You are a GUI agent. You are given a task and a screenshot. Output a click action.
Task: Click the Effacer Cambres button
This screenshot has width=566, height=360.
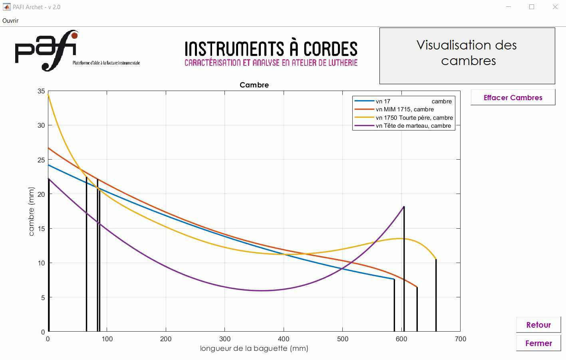(513, 97)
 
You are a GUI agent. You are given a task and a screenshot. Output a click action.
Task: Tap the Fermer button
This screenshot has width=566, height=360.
(538, 343)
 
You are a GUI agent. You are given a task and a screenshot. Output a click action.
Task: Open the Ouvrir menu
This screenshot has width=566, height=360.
(10, 20)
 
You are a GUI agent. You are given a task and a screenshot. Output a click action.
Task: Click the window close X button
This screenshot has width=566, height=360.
(555, 7)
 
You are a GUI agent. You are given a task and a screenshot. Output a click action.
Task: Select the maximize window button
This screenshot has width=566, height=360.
(532, 7)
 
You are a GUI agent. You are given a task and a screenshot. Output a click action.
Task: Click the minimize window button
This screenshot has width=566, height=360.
(508, 7)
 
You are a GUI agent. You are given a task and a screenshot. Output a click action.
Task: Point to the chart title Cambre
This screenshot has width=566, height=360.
(254, 85)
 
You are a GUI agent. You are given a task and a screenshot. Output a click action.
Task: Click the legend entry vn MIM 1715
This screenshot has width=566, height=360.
(404, 109)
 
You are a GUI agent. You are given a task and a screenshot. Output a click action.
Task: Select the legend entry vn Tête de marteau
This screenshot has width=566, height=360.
(413, 126)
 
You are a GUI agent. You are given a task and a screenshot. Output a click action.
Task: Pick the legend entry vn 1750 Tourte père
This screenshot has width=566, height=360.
(414, 118)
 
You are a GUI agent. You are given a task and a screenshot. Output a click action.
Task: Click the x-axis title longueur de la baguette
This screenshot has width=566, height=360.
(254, 348)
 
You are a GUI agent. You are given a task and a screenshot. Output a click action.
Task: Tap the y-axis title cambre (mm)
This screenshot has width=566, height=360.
(32, 212)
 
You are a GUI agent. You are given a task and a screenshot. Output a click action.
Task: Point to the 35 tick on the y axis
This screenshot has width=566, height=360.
(42, 91)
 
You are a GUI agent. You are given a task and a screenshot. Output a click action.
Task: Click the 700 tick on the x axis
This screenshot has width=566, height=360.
(460, 339)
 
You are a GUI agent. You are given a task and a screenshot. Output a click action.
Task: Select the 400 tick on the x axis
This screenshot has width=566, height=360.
(284, 339)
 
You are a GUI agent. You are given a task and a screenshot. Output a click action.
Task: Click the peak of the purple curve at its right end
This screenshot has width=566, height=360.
(404, 207)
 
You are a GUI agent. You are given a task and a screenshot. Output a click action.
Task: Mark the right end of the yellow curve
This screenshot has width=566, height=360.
(436, 259)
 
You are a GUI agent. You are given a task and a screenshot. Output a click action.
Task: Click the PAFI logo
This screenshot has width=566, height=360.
(46, 50)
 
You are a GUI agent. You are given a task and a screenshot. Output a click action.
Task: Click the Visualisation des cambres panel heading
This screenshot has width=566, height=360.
(467, 53)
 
